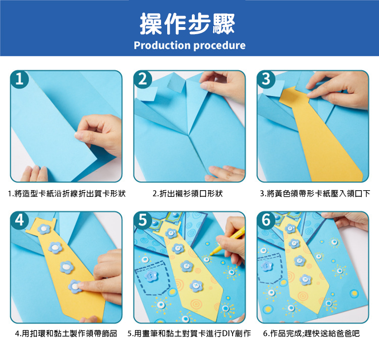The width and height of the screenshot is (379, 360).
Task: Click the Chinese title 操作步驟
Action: pyautogui.click(x=187, y=24)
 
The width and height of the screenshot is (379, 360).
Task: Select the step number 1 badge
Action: pyautogui.click(x=19, y=79)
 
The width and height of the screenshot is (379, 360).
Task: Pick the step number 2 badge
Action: pyautogui.click(x=143, y=79)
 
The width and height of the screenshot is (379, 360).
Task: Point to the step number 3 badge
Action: pyautogui.click(x=266, y=79)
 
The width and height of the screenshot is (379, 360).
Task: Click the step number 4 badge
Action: pyautogui.click(x=19, y=220)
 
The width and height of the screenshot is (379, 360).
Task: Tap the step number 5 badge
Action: pyautogui.click(x=143, y=220)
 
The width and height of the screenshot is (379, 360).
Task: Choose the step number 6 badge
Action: pyautogui.click(x=266, y=220)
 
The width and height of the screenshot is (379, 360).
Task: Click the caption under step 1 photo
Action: pyautogui.click(x=67, y=194)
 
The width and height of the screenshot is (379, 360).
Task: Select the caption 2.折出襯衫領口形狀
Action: pyautogui.click(x=188, y=194)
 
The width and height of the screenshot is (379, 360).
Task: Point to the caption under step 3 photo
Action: pyautogui.click(x=315, y=194)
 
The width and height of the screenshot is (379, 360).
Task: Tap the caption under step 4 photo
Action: pyautogui.click(x=66, y=333)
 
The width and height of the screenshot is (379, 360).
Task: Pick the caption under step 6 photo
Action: pyautogui.click(x=311, y=333)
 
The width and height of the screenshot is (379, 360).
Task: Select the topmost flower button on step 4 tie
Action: pyautogui.click(x=44, y=229)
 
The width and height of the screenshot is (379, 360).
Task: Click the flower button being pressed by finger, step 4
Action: pyautogui.click(x=75, y=286)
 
